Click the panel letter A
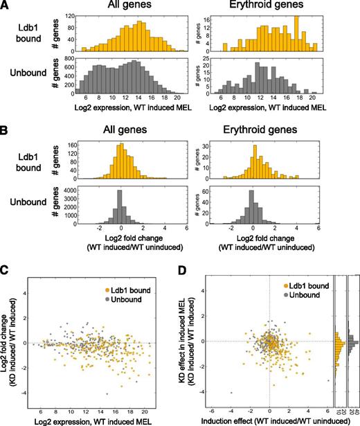pos(6,6)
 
